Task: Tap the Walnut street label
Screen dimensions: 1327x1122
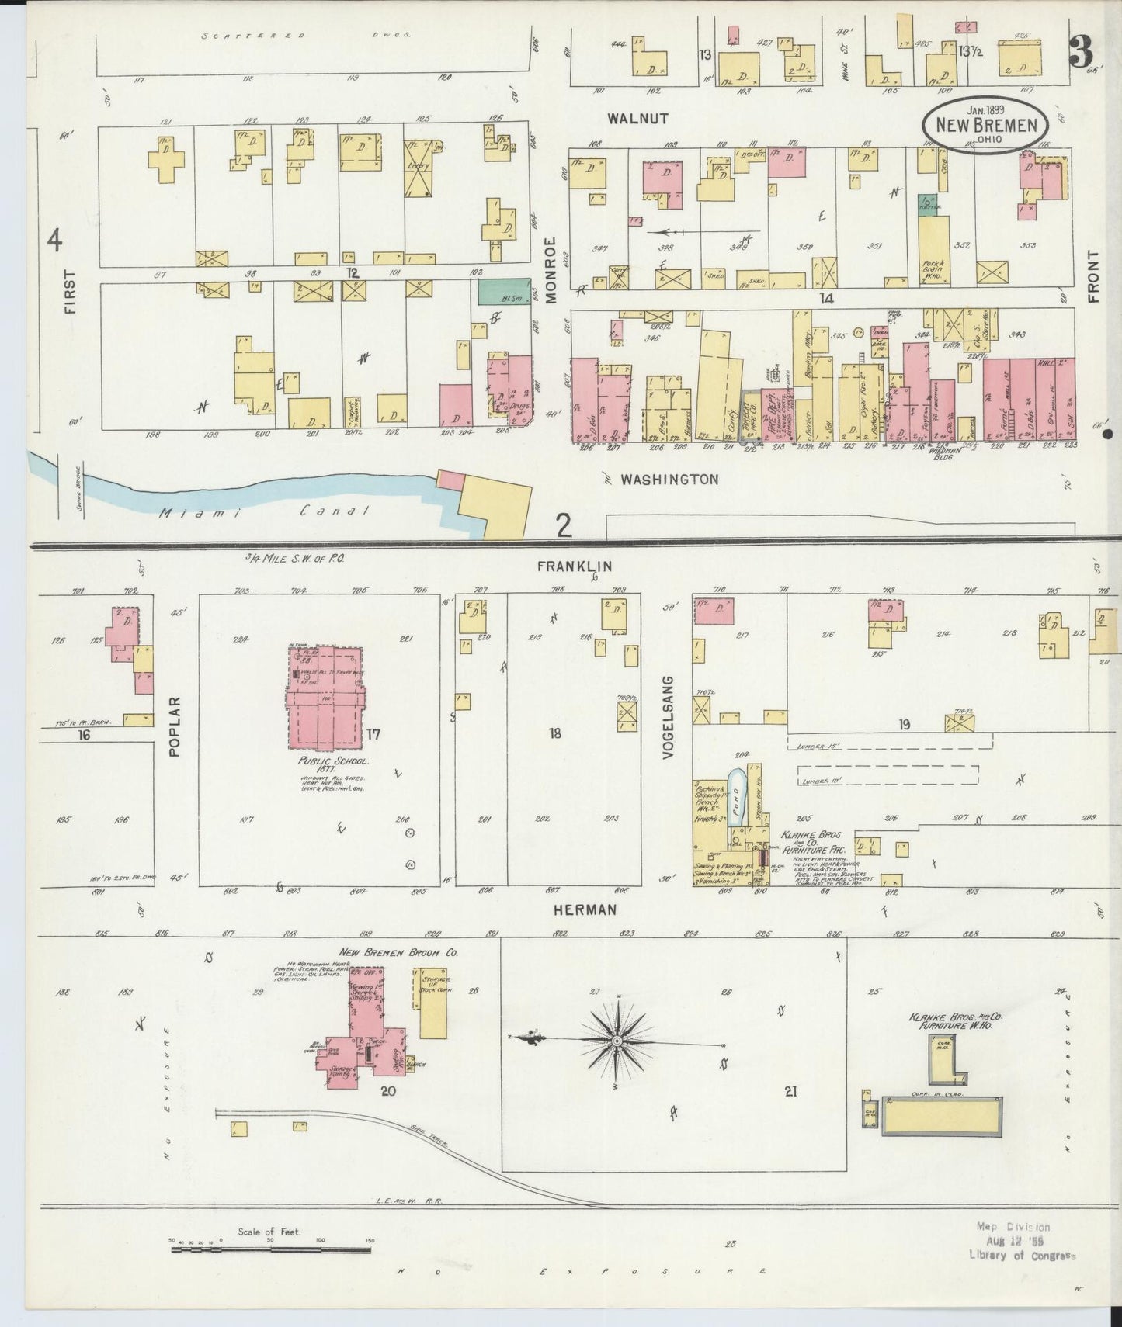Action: point(638,119)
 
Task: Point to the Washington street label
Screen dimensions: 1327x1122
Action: point(669,480)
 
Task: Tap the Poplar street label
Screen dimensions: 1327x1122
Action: point(174,726)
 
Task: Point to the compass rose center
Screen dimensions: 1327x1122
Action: point(616,1040)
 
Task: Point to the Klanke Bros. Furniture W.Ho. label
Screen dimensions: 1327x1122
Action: point(955,1020)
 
